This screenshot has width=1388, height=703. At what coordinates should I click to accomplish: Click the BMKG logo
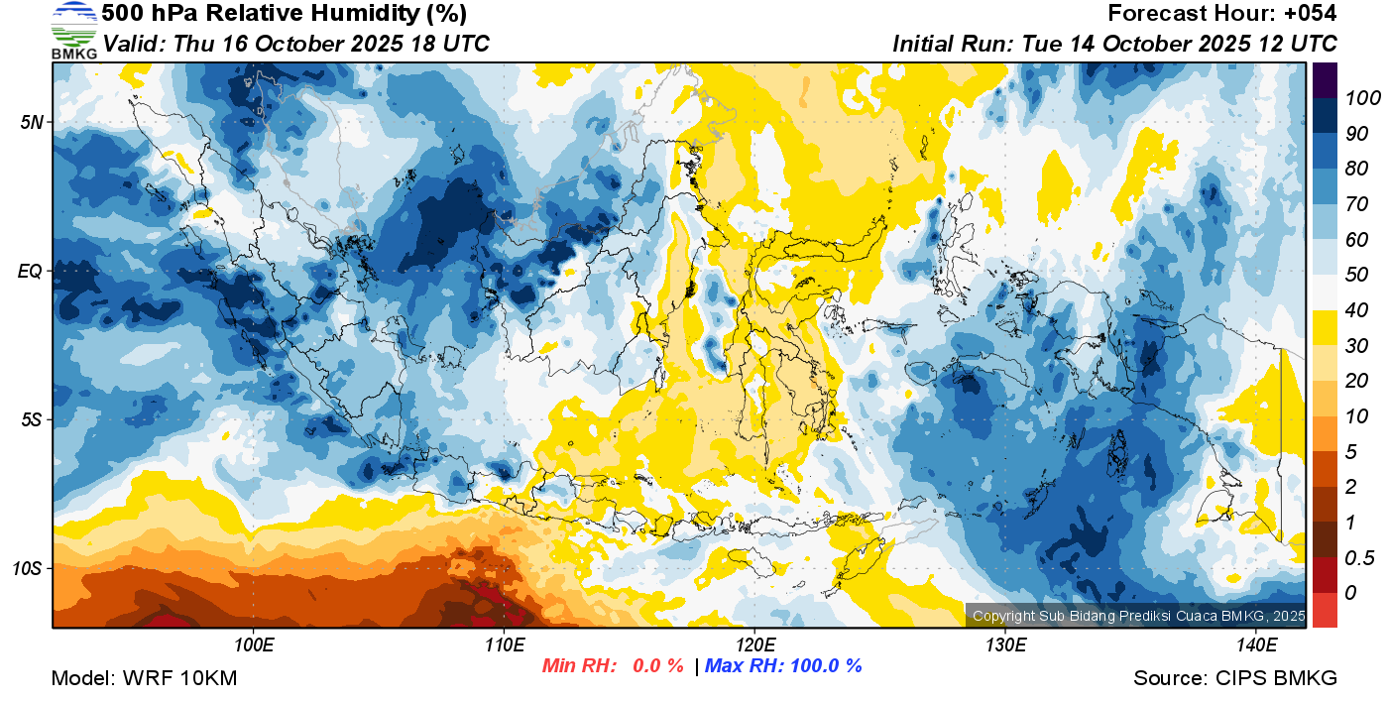tap(73, 31)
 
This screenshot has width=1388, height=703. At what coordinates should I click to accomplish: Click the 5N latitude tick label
tap(31, 122)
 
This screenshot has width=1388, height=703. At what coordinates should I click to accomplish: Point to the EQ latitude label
tap(31, 271)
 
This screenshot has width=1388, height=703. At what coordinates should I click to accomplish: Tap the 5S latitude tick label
tap(31, 419)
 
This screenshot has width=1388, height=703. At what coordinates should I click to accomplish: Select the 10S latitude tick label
tap(27, 568)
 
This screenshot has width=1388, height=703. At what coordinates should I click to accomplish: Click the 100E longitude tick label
tap(254, 645)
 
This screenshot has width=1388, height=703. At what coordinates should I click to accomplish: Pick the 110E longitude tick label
tap(504, 645)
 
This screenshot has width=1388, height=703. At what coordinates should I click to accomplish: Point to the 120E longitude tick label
tap(754, 645)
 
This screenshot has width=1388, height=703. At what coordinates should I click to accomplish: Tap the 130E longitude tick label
tap(1005, 645)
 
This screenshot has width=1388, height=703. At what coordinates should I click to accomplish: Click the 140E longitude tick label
tap(1256, 645)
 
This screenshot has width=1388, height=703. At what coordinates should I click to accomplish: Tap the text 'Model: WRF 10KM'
tap(143, 678)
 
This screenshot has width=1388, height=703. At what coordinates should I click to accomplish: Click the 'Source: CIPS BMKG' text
tap(1235, 678)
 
